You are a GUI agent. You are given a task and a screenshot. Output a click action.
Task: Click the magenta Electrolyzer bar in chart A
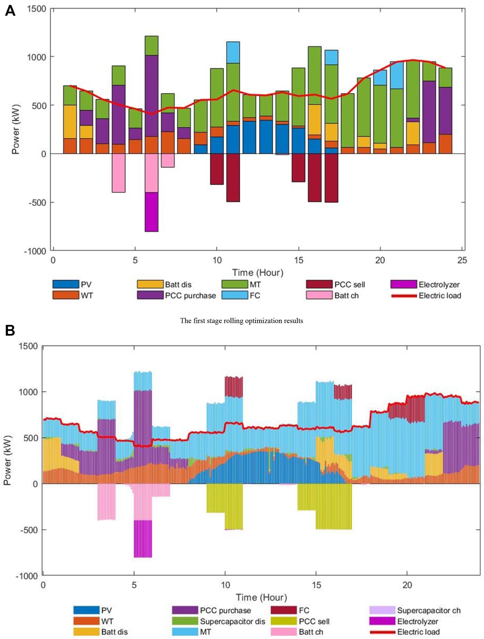click(x=151, y=212)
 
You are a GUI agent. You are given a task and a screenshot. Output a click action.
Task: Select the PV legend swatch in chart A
click(x=66, y=284)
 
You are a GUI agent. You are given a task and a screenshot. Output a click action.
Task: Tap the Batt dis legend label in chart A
click(x=178, y=285)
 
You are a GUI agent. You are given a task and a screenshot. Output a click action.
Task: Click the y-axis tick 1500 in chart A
click(x=37, y=9)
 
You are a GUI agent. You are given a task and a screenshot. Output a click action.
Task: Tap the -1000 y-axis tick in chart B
click(x=27, y=576)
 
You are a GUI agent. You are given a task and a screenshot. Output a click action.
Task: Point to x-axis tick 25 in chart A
click(x=462, y=260)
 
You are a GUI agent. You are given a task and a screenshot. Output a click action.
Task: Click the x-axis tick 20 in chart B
click(x=407, y=585)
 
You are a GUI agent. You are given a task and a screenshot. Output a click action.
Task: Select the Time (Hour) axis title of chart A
click(x=257, y=273)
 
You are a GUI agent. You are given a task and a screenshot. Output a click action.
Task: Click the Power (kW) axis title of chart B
click(x=7, y=460)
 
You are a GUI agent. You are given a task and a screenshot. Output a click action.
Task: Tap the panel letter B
click(x=10, y=330)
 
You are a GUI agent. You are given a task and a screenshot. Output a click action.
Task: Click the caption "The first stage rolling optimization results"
click(x=241, y=321)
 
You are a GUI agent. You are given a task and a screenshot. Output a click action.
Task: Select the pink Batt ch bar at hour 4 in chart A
click(x=119, y=173)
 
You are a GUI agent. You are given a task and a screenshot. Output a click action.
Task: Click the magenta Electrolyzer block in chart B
click(x=143, y=539)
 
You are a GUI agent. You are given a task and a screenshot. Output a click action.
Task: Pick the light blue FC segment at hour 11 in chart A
click(x=233, y=52)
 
